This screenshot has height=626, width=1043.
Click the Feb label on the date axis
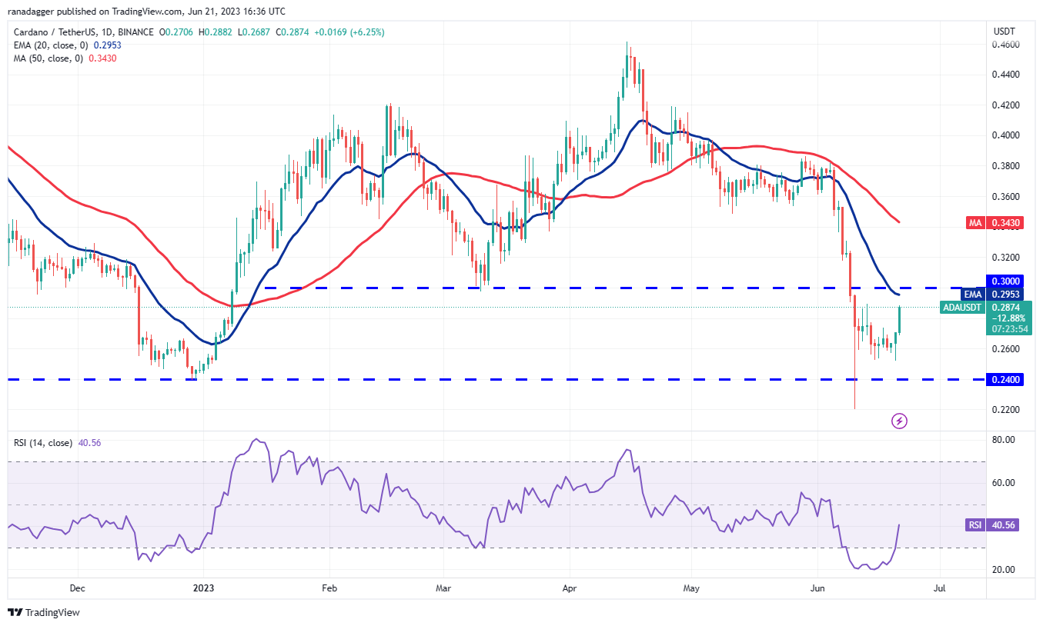coord(329,588)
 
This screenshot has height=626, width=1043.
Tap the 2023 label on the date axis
coord(203,588)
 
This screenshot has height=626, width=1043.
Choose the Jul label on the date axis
coord(939,588)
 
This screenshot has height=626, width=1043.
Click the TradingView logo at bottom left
coord(44,612)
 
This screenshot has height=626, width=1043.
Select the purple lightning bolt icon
coord(899,421)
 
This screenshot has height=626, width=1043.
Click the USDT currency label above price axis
coord(1004,32)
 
